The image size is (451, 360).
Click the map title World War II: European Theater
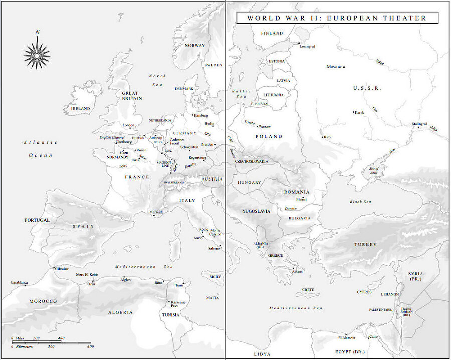coord(337,18)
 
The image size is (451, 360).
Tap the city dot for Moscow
coord(344,67)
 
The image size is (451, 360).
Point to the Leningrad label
coord(307,46)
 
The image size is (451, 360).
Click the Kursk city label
coord(359,112)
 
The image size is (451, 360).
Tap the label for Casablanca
coord(19,282)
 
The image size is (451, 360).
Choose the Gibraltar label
coord(62,269)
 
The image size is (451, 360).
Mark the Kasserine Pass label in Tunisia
coord(179,304)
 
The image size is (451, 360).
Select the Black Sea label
coord(360,201)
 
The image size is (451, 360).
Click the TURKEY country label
coord(365,244)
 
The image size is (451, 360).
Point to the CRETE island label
coord(308,290)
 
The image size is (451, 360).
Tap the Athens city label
coord(297,272)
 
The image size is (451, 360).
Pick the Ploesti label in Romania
coord(301,199)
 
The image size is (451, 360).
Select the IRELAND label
coord(80,108)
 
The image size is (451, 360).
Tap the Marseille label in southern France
coord(156,212)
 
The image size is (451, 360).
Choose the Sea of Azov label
coord(374,170)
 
